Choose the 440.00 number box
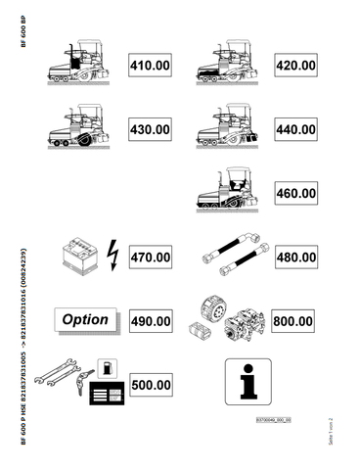(295, 130)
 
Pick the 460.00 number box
(295, 193)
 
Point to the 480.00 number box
(295, 257)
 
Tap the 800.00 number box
(295, 320)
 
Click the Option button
(85, 320)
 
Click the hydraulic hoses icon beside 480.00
(230, 257)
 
